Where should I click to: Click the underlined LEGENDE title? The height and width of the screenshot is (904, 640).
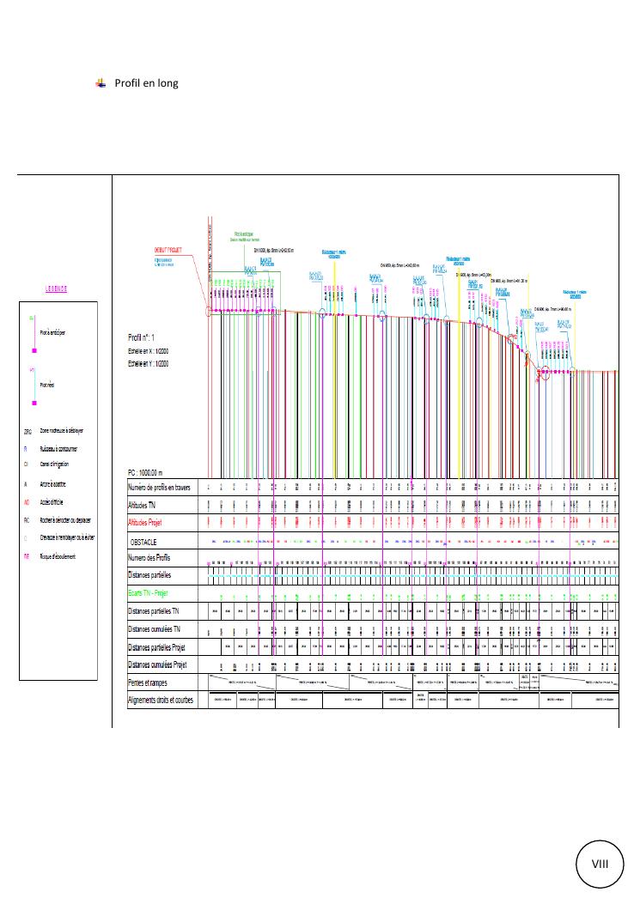pos(58,288)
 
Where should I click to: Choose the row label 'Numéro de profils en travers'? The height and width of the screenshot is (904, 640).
pos(162,487)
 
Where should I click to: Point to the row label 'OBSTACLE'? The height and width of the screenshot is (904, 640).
pos(147,543)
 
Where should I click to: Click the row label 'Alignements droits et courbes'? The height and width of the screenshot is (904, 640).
pos(161,700)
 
